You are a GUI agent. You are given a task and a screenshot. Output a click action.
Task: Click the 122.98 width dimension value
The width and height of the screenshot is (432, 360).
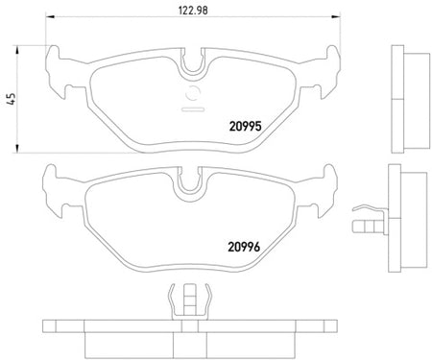point(193,11)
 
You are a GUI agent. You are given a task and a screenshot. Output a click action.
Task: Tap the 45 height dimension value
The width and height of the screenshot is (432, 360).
point(12,99)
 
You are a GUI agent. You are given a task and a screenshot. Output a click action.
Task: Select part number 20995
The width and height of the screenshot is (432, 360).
point(246,127)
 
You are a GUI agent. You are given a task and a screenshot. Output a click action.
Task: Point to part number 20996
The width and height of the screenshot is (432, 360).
point(244,247)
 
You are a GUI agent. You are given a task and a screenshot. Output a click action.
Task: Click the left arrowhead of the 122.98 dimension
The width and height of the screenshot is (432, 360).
point(50,16)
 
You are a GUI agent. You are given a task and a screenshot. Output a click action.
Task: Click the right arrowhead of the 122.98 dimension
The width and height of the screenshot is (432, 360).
point(336,16)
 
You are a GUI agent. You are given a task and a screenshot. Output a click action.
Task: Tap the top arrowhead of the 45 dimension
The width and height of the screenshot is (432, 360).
point(17,50)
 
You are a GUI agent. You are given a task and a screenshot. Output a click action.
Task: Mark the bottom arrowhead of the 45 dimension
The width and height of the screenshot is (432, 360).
point(17,149)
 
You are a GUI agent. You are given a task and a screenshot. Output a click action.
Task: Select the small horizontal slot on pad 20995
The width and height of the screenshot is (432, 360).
point(193,109)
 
